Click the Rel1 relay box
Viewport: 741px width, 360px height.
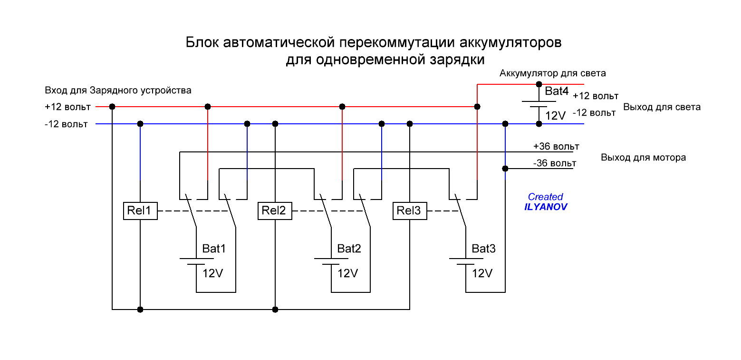140,210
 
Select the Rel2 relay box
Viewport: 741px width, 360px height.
275,210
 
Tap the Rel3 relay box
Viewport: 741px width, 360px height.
410,210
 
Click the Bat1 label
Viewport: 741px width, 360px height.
214,249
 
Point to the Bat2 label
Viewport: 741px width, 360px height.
349,249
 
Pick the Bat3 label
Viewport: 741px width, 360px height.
484,249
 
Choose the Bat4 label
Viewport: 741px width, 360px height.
557,91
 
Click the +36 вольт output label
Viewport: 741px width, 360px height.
556,146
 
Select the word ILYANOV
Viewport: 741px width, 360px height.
546,207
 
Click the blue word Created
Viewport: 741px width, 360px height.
546,197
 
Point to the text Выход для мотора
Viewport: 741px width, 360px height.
643,157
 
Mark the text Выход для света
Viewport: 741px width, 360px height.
662,107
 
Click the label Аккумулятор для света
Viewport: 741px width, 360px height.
552,73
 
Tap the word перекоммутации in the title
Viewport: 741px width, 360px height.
398,43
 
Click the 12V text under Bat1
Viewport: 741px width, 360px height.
213,274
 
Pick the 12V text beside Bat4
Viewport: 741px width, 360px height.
555,116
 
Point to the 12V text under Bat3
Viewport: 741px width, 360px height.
482,274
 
